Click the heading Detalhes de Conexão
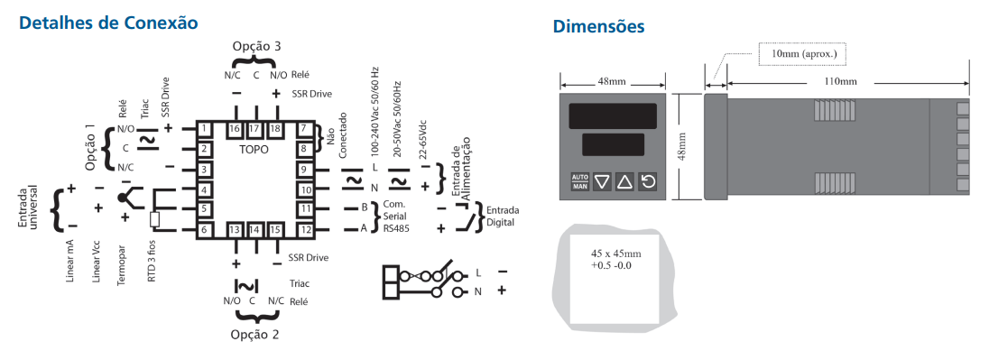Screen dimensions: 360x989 click(108, 21)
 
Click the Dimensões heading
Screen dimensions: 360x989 click(599, 27)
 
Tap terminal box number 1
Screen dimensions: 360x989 click(206, 129)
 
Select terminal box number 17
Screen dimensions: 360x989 click(254, 129)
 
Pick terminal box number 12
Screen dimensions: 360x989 click(306, 229)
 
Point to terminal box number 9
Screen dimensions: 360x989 click(305, 170)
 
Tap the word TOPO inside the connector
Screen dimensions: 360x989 click(254, 148)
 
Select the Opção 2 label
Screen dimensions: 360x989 click(255, 334)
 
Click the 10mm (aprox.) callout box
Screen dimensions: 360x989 click(803, 53)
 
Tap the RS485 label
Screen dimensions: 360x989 click(395, 229)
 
